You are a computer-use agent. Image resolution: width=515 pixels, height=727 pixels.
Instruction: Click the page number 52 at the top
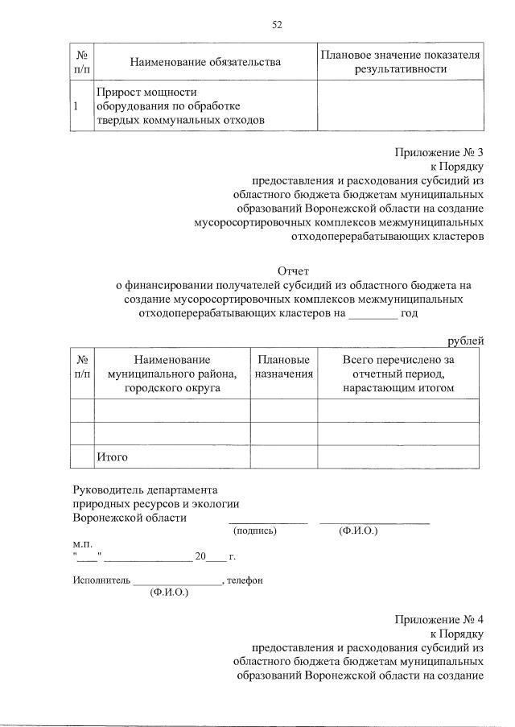pos(277,24)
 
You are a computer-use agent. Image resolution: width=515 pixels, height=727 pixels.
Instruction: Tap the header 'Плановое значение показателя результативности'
pos(400,62)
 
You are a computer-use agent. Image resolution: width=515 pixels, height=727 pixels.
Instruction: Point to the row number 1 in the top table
pos(76,106)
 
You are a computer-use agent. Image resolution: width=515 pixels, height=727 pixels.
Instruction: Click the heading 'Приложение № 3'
pos(439,152)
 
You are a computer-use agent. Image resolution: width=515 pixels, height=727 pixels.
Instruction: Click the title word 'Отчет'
pos(293,271)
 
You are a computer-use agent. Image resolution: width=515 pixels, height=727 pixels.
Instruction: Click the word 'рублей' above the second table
pos(466,341)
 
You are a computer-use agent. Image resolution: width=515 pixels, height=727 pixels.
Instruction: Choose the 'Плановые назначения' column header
pos(283,366)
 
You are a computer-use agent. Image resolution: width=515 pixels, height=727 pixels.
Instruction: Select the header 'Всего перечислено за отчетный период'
pos(398,374)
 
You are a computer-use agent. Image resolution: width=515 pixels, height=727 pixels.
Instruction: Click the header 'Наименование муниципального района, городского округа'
pos(172,374)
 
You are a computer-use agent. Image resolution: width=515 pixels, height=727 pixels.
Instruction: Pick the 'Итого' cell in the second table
pos(112,457)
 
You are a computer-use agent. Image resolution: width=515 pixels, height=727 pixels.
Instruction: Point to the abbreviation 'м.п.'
pos(83,543)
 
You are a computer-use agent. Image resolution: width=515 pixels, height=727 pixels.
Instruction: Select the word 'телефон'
pos(245,580)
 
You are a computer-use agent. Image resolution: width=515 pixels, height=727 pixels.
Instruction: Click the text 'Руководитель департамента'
pos(145,489)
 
